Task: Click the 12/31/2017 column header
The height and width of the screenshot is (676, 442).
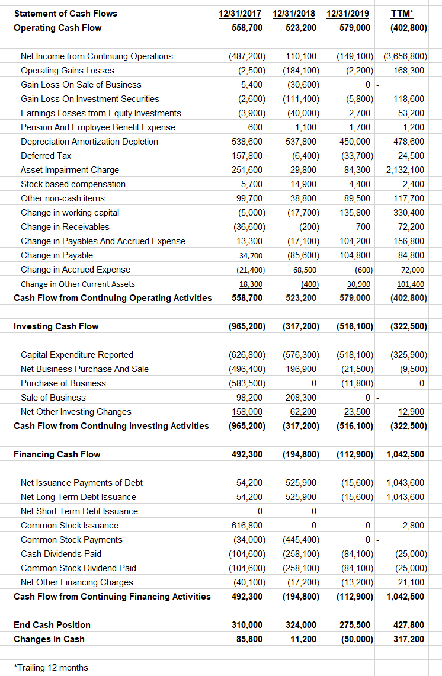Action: coord(240,13)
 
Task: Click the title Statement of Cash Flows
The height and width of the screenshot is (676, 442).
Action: coord(65,13)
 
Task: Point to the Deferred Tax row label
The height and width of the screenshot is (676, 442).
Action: coord(46,156)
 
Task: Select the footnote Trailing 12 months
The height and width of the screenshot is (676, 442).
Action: coord(51,668)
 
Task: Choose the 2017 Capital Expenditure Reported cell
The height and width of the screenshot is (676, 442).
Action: coord(246,355)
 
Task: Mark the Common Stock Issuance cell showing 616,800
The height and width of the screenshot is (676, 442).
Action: coord(247,526)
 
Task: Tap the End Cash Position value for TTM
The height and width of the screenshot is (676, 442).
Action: coord(409,625)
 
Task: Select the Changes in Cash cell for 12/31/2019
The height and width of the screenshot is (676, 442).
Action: coord(356,639)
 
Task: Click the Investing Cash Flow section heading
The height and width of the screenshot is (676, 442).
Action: coord(56,326)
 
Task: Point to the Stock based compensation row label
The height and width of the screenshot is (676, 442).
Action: coord(73,184)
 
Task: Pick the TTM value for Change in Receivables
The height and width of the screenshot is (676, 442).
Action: coord(410,227)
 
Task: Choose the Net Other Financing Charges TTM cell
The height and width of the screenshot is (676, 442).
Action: coord(410,582)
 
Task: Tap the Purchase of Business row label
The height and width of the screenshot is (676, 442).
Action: coord(63,383)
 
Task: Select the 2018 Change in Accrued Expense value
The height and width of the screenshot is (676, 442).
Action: coord(305,270)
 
